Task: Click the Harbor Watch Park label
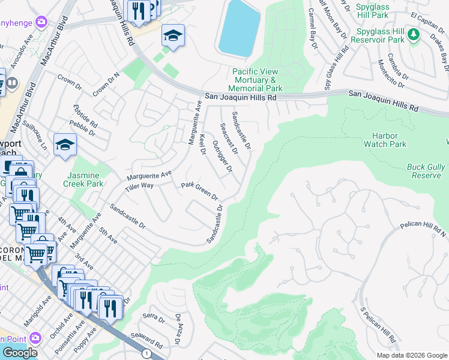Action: click(x=385, y=140)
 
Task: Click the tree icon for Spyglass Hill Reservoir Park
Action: click(x=413, y=35)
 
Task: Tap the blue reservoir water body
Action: click(x=240, y=27)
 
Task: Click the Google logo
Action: click(x=20, y=353)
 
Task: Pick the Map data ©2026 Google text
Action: click(x=412, y=355)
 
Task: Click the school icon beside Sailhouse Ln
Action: click(x=65, y=145)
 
